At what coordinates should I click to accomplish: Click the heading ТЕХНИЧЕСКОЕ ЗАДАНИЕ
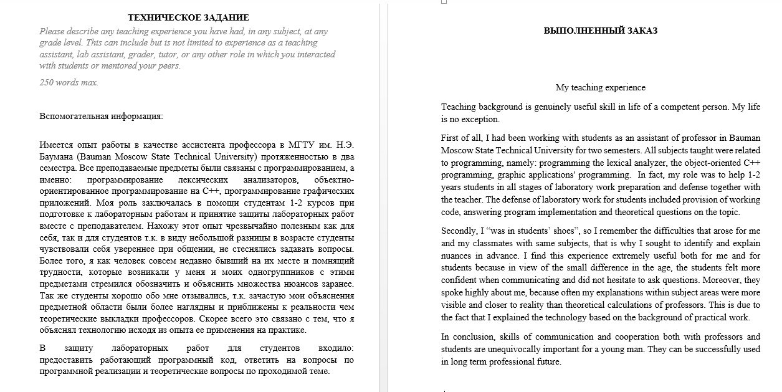pos(188,17)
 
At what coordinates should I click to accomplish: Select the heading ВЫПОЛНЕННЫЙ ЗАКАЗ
pos(600,30)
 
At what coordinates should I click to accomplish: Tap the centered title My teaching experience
pos(600,87)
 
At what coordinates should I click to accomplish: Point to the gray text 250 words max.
pos(69,82)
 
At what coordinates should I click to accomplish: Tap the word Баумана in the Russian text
pos(57,156)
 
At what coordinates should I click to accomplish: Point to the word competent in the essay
pos(660,107)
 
